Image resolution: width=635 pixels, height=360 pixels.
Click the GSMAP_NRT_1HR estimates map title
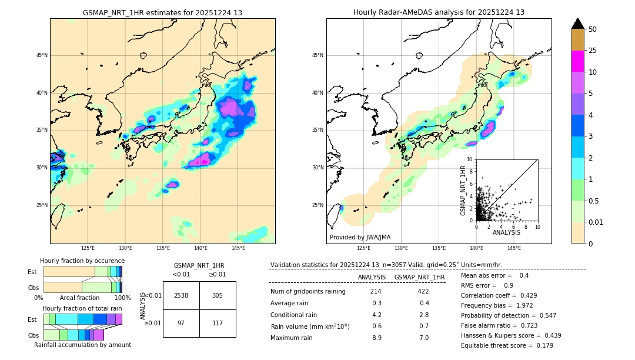tap(162, 12)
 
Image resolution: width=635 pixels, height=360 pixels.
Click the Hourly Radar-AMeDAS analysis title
tap(439, 12)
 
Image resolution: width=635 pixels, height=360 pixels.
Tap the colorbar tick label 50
tap(593, 29)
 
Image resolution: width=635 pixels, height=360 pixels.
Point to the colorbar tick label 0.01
tap(596, 222)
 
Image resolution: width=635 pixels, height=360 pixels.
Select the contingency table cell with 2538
tap(181, 295)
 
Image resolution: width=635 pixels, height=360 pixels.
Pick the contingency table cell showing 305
tap(218, 295)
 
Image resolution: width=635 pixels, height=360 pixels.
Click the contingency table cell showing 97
tap(181, 323)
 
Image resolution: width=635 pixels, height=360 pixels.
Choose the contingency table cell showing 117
tap(218, 323)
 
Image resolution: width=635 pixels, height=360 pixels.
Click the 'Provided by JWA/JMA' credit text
tap(360, 238)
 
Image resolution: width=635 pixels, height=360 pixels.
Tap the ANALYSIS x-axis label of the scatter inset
tap(506, 233)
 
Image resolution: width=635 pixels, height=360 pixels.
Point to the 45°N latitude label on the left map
tap(42, 55)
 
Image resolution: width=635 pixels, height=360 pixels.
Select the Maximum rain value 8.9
tap(376, 338)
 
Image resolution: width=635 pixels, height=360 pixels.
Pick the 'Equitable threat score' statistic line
tap(507, 345)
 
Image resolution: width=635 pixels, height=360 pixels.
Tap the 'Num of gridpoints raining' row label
tap(308, 292)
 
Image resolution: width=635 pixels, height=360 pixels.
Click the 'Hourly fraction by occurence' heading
tap(82, 261)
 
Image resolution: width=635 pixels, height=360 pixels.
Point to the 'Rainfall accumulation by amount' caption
tap(82, 345)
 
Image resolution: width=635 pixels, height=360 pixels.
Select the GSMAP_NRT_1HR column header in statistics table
tap(419, 277)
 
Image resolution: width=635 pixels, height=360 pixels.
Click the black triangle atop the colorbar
tap(578, 24)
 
